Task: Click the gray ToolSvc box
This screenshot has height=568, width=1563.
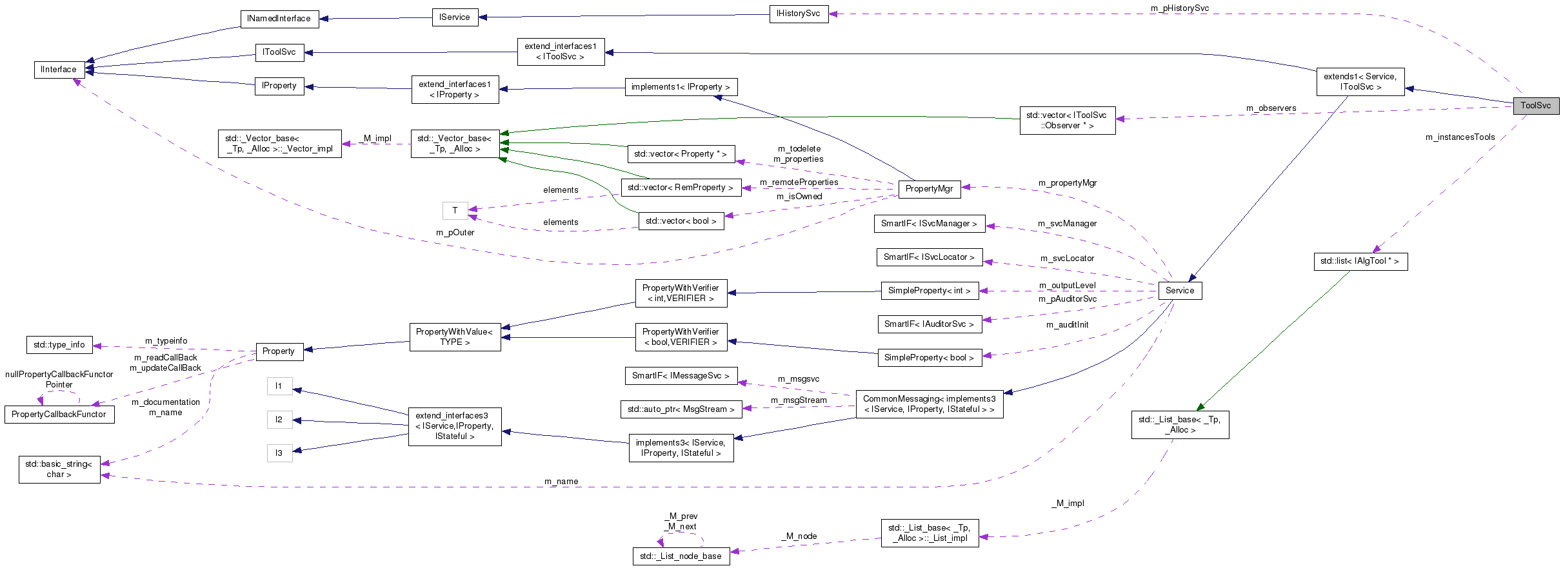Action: (1535, 106)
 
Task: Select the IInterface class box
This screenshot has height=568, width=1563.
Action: (59, 70)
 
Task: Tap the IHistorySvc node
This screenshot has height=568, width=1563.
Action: (798, 14)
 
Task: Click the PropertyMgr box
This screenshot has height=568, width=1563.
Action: (929, 189)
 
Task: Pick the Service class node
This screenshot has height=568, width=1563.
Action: (1180, 291)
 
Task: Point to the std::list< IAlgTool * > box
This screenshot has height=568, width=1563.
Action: (1360, 261)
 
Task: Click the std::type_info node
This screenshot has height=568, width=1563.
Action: (59, 345)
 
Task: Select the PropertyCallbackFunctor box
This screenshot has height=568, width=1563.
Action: (59, 415)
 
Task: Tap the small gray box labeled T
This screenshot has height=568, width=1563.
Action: (455, 211)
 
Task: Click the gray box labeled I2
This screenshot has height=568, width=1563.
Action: (279, 420)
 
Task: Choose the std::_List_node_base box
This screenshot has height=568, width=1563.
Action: (681, 556)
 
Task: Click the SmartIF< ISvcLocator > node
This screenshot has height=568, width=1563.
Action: (929, 257)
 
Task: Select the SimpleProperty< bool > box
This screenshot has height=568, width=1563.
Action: (929, 358)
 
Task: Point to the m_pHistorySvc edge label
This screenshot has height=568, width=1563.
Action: (1179, 8)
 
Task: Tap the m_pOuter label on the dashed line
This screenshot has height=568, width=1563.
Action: (455, 233)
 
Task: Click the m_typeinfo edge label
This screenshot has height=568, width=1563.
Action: (166, 341)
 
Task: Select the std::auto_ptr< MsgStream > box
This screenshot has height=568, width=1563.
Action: (681, 409)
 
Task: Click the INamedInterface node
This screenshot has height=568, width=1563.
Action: (279, 19)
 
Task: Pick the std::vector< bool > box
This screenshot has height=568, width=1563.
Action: (681, 221)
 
